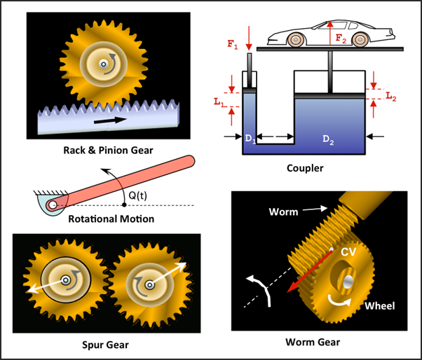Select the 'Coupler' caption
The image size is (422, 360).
coord(304,168)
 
